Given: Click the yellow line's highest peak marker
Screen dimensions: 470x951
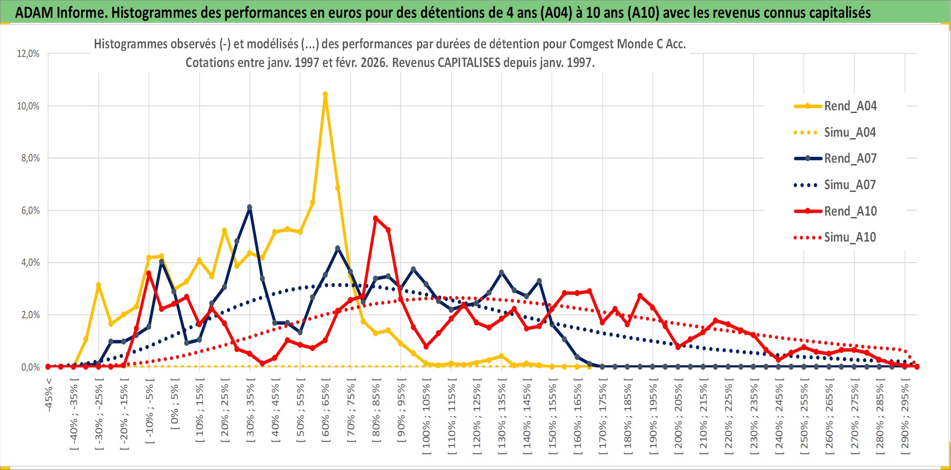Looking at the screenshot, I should tap(325, 95).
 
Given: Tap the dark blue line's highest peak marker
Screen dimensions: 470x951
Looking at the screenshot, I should tap(249, 207).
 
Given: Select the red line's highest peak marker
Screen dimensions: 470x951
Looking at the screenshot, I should tap(376, 218).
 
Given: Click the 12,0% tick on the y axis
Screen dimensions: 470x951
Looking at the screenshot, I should tap(28, 54).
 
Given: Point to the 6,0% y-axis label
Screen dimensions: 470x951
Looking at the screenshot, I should tap(28, 211).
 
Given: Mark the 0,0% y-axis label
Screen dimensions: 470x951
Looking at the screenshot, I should tap(28, 367).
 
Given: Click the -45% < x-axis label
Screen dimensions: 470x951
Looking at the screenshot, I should tap(49, 395).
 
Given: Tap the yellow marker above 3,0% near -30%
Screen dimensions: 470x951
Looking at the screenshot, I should tap(98, 285).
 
